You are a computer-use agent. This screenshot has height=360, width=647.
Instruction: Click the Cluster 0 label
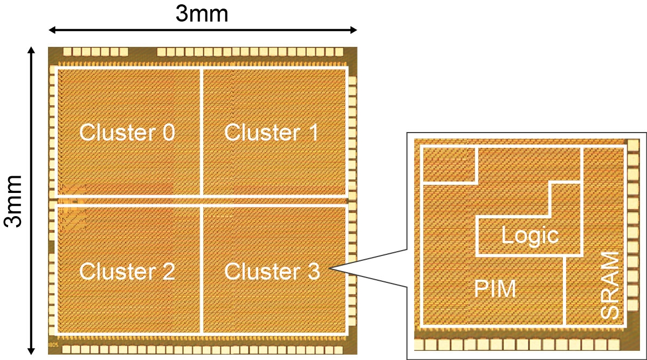click(127, 133)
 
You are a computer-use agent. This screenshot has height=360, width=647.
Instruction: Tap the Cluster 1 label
click(271, 133)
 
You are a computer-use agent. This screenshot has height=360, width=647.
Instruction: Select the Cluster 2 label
click(127, 272)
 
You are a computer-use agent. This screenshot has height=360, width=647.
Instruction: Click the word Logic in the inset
click(529, 236)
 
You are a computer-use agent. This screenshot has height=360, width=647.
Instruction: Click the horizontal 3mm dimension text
click(202, 13)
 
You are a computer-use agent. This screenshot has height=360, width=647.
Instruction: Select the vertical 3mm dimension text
click(13, 200)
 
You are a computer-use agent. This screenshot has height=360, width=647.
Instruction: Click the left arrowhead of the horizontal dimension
click(52, 30)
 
